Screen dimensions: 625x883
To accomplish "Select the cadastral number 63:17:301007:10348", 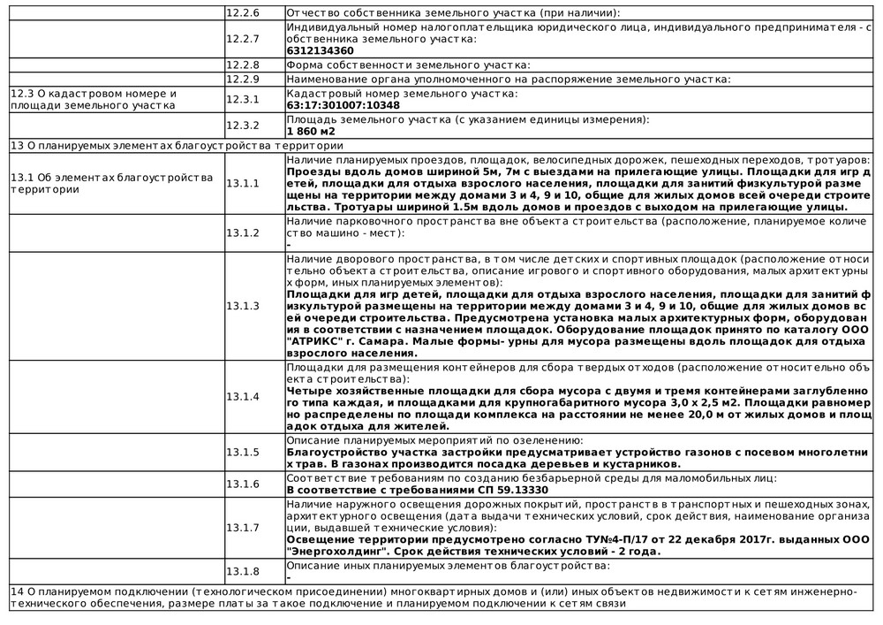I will point(343,105).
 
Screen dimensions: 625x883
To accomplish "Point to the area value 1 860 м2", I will point(312,131).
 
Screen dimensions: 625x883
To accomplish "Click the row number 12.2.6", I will point(243,13).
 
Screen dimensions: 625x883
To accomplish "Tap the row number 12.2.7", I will point(243,39).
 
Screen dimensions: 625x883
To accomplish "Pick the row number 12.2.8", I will point(243,65).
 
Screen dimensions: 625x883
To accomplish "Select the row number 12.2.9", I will point(243,79).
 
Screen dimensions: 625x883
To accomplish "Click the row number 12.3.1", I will point(243,99).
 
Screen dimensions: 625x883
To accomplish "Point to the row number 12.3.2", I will point(243,125).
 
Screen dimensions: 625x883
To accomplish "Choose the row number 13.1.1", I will point(243,183).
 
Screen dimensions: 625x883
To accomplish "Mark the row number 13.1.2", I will point(243,232).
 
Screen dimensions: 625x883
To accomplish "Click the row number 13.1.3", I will point(243,306).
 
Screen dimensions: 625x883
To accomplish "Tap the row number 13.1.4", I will point(243,397).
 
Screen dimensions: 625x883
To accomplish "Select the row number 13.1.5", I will point(243,453).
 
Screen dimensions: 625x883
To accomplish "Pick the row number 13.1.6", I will point(243,484).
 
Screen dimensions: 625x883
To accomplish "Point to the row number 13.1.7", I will point(243,528).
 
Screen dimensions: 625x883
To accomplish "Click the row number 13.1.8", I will point(243,571).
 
